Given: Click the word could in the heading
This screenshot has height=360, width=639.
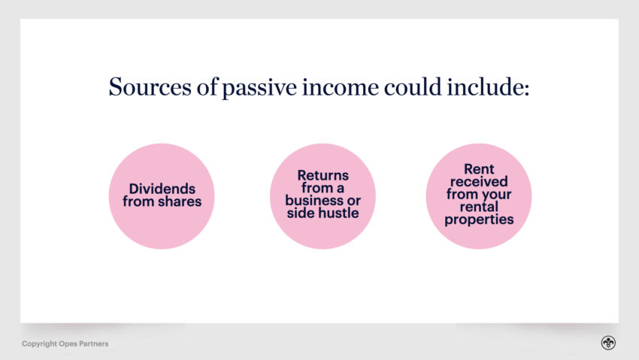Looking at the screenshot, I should click(x=406, y=87).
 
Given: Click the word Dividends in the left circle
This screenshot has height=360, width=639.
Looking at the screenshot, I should click(x=161, y=189).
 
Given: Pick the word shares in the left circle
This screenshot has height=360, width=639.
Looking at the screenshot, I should click(x=180, y=201).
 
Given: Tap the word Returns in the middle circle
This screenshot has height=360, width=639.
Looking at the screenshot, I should click(x=323, y=175).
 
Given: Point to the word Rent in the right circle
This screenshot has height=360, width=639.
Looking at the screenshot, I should click(x=478, y=169).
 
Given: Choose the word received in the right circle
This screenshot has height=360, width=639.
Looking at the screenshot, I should click(x=478, y=182).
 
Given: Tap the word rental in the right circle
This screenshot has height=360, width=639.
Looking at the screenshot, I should click(x=478, y=207).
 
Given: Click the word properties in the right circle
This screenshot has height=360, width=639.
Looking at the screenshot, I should click(x=478, y=220).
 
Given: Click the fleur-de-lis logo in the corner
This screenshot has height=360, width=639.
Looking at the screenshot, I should click(x=608, y=343).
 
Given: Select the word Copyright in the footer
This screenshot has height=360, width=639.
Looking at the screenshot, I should click(x=39, y=344).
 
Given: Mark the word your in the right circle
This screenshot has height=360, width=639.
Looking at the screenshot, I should click(x=497, y=195).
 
